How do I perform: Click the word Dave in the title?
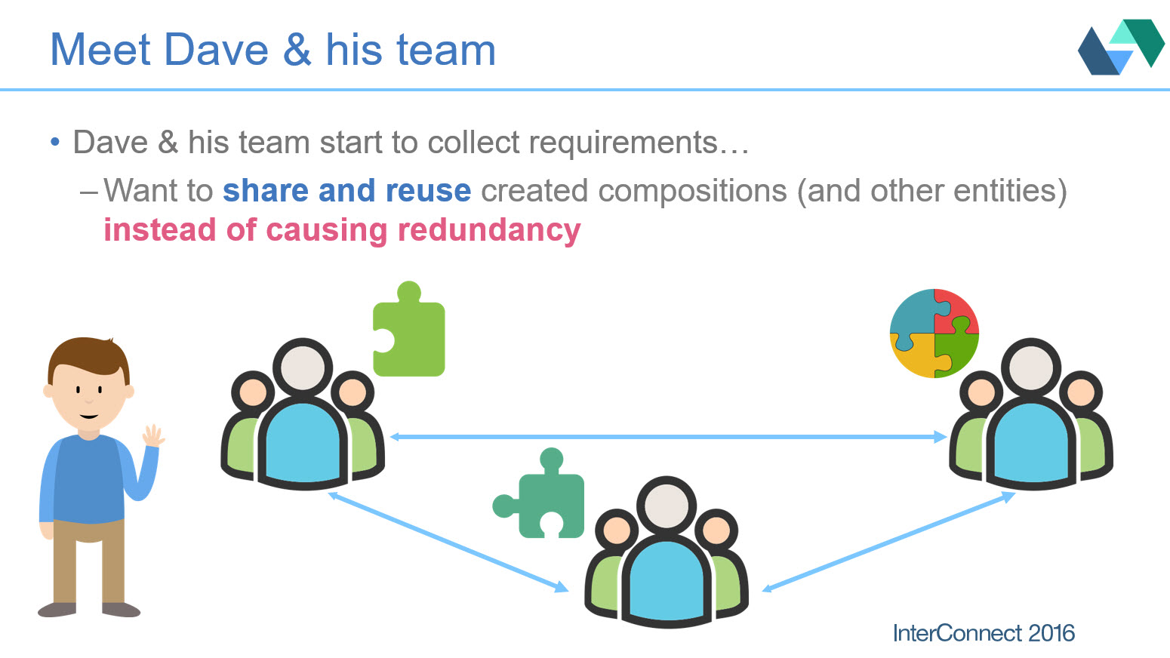(x=216, y=50)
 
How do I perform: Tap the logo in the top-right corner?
(x=1121, y=47)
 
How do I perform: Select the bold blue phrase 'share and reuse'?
(x=346, y=190)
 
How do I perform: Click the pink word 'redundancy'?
(x=489, y=230)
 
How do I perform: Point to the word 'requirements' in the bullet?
(x=623, y=143)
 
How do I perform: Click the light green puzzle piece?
(x=409, y=329)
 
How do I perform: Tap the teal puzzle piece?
(x=538, y=493)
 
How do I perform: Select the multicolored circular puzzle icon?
(x=934, y=334)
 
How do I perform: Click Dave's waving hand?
(x=153, y=435)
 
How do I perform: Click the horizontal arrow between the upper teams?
(x=668, y=437)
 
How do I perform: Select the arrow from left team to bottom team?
(x=448, y=542)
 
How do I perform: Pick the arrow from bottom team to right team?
(x=888, y=542)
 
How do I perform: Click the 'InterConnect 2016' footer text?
(x=984, y=633)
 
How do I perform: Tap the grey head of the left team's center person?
(x=303, y=367)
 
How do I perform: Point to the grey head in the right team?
(x=1031, y=367)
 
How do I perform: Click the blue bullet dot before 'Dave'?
(x=55, y=142)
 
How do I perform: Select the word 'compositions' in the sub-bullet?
(x=693, y=191)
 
